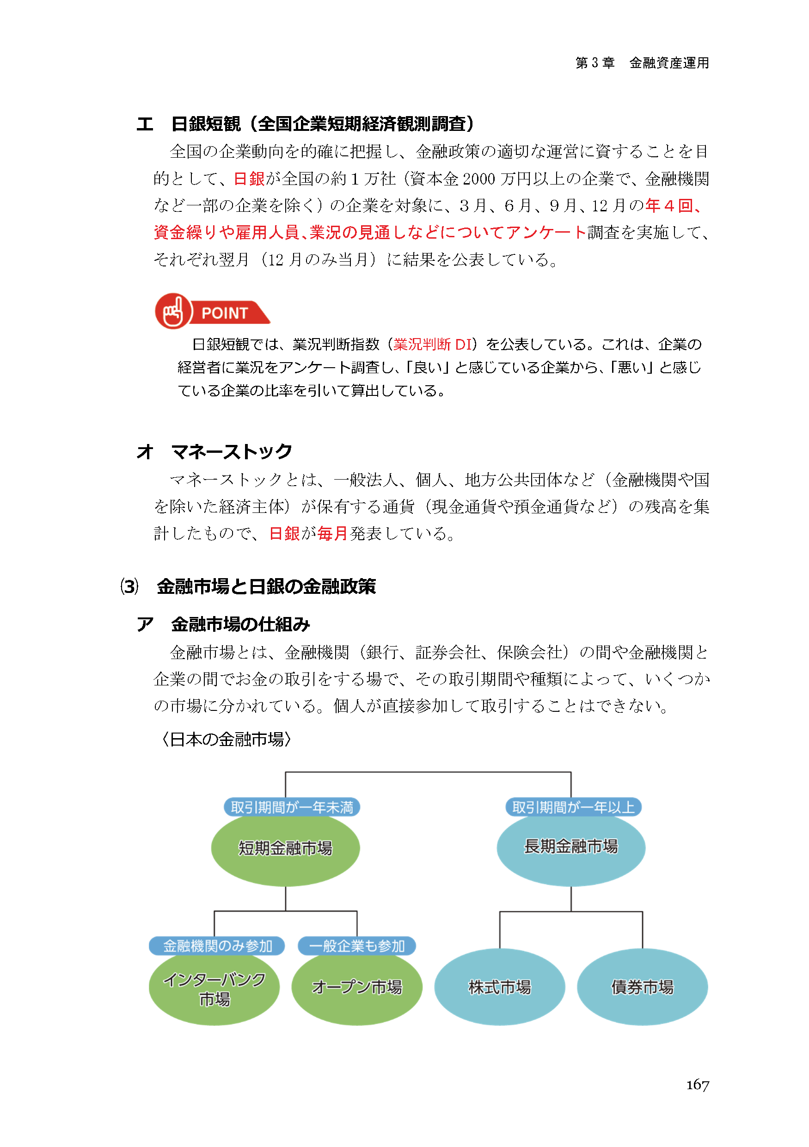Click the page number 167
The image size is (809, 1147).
click(x=697, y=1085)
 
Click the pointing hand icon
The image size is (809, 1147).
click(x=173, y=311)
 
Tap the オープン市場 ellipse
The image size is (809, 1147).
click(x=356, y=987)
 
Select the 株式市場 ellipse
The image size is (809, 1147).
click(x=499, y=987)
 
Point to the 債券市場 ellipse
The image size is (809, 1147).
click(x=642, y=987)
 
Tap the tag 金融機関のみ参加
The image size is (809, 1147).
click(x=217, y=946)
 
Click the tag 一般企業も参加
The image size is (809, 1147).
click(x=356, y=946)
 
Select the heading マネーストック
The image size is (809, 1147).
click(x=231, y=451)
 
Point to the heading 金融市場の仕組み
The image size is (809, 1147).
click(x=240, y=624)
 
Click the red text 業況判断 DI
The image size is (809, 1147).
click(x=432, y=344)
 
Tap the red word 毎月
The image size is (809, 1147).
click(x=332, y=534)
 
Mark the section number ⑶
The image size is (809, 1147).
click(x=129, y=586)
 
